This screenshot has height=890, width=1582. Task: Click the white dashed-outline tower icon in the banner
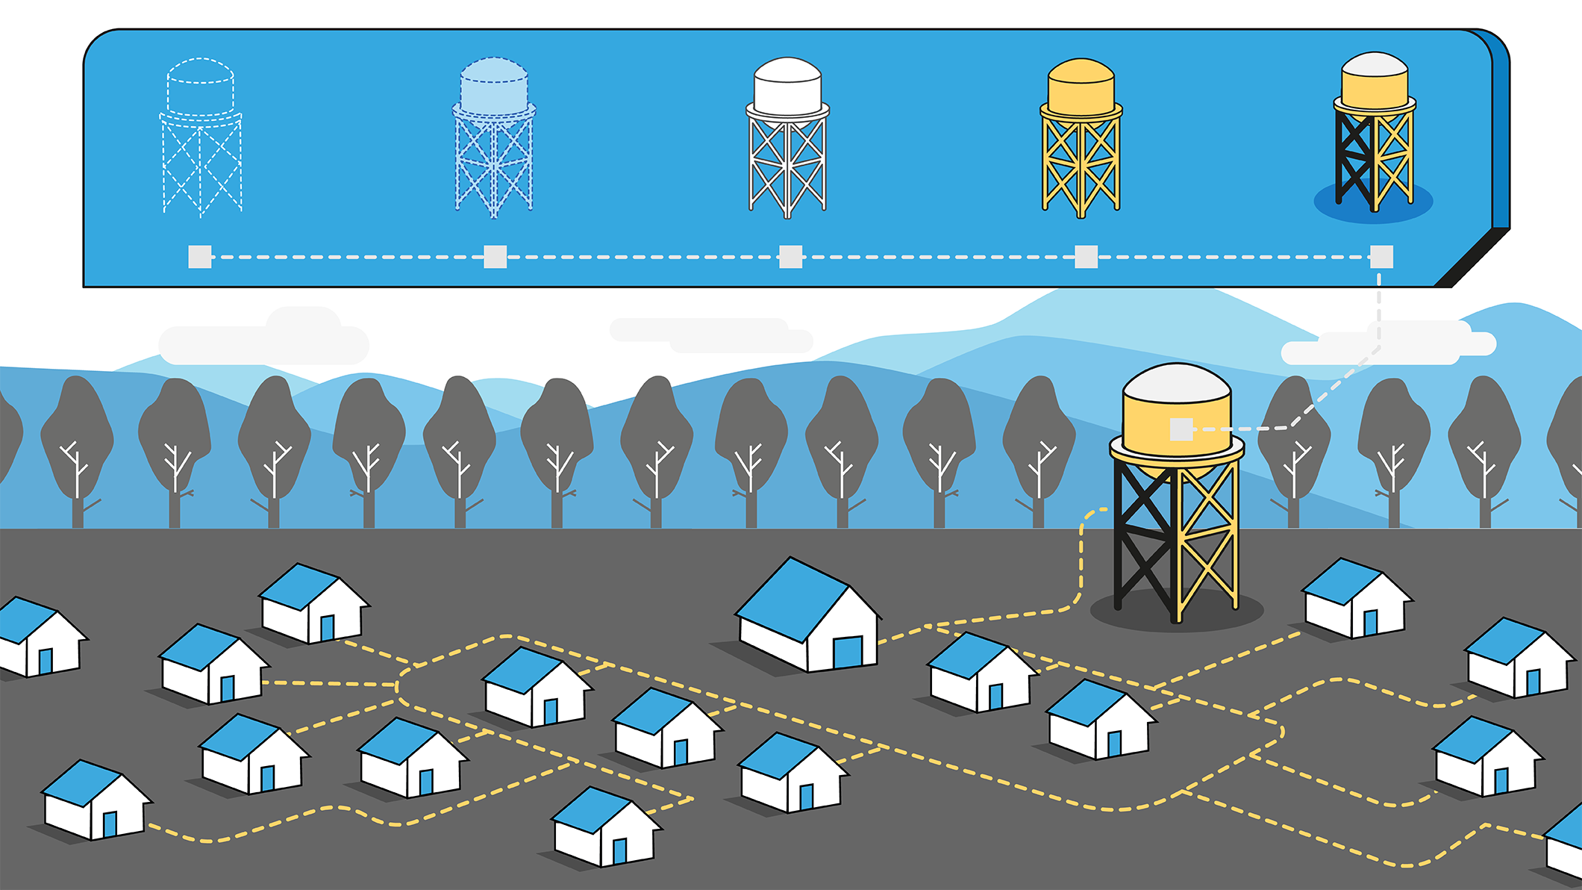201,138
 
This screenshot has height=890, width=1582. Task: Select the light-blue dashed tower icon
494,138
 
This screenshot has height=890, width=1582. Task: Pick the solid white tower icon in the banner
787,138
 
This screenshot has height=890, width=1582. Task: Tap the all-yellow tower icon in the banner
1081,138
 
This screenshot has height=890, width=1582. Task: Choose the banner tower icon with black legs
1374,134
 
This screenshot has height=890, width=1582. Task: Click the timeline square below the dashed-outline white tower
200,257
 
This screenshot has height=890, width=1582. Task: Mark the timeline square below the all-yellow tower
1086,257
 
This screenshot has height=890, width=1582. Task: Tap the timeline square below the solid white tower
790,257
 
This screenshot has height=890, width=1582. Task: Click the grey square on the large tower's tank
1181,429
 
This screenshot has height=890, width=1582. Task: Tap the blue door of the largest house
847,652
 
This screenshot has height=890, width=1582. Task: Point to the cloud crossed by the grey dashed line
1388,343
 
